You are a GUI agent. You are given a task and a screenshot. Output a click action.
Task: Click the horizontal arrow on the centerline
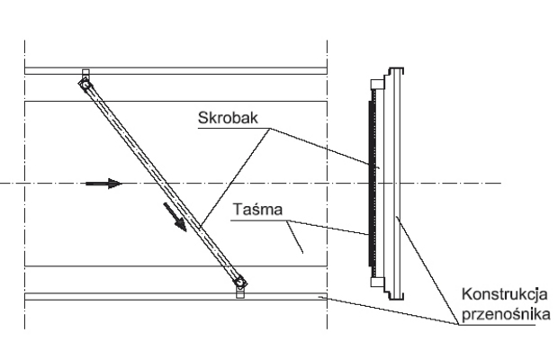103,184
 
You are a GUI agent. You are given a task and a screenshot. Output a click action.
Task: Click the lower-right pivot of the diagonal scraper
239,282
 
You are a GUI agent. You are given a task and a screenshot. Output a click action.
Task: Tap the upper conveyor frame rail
180,70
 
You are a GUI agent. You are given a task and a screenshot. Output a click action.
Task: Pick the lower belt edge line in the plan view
135,265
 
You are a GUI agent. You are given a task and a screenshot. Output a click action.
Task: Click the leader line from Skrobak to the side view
324,144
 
